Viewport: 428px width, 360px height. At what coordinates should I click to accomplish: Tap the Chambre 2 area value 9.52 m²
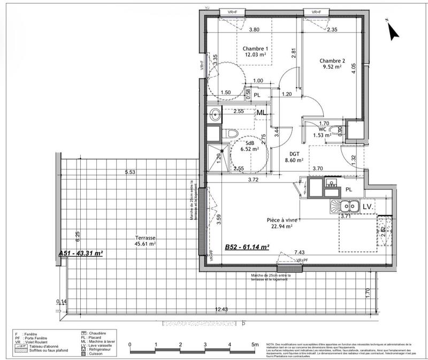click(x=331, y=68)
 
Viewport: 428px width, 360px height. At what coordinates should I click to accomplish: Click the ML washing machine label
click(x=262, y=113)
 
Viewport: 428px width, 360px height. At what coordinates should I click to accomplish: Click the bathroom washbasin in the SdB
click(x=215, y=113)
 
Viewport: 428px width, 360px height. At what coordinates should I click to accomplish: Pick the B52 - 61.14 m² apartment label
click(x=246, y=247)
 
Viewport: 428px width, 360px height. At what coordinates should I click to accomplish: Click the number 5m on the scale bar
click(x=255, y=344)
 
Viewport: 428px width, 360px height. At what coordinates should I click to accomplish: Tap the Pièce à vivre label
click(x=284, y=219)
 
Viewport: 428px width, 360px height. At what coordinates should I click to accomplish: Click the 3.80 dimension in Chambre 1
click(x=255, y=30)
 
